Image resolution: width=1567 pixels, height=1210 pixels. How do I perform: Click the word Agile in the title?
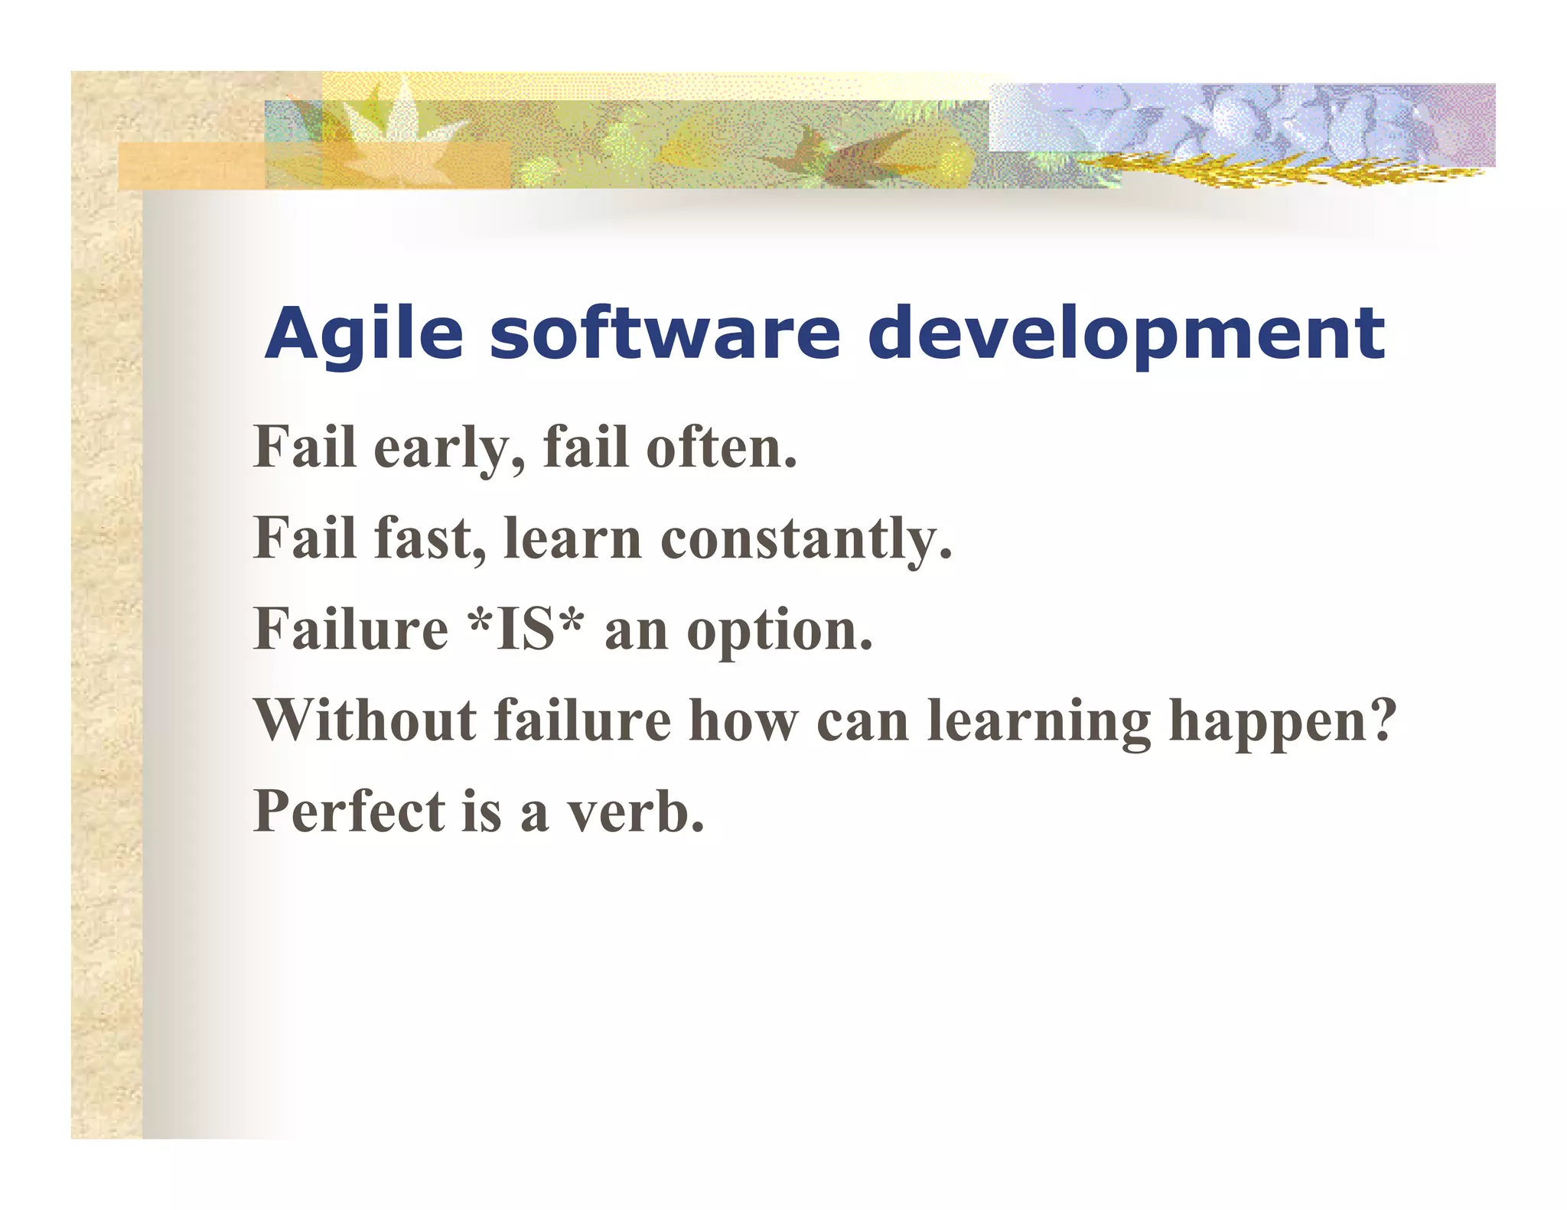tap(364, 334)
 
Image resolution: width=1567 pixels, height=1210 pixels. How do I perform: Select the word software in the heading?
tap(664, 334)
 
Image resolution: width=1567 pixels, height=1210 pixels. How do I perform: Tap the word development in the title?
tap(1126, 334)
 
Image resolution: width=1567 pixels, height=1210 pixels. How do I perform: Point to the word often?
tap(722, 448)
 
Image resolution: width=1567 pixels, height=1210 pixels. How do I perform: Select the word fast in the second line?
tap(430, 538)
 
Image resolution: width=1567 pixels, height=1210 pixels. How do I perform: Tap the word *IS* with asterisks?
tap(526, 629)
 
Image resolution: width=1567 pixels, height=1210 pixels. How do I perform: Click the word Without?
tap(365, 720)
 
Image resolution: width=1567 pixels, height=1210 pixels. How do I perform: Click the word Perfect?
tap(349, 812)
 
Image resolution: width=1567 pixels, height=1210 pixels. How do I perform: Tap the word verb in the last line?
tap(634, 812)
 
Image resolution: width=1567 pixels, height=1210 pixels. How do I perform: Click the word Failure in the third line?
tap(350, 629)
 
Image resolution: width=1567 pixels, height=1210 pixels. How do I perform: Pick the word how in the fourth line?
tap(743, 720)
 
